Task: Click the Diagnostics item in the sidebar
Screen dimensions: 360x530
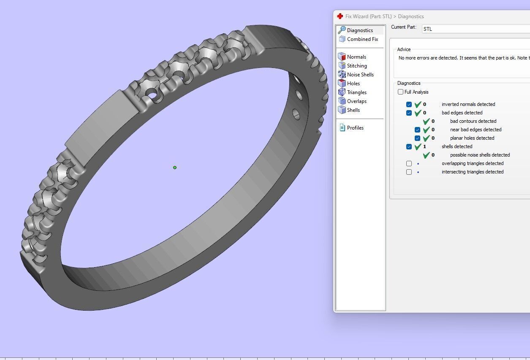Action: pos(359,30)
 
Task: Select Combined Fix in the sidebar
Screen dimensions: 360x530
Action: pos(362,39)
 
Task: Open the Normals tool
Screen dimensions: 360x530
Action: pos(356,57)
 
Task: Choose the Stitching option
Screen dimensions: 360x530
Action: pos(356,66)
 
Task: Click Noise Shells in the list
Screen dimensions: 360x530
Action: pos(360,75)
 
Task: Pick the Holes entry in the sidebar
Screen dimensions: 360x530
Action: pos(353,84)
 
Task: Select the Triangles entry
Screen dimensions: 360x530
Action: pos(356,92)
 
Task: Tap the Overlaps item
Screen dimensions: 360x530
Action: pos(356,101)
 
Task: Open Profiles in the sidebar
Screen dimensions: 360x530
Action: pos(355,128)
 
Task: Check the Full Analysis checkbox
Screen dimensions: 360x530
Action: pos(400,92)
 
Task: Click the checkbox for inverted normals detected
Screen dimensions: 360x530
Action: pos(409,104)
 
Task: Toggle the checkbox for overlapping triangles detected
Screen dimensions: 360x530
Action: pos(409,163)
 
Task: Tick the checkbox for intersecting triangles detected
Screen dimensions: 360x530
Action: pos(409,172)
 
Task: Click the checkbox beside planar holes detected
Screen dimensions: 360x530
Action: pos(417,138)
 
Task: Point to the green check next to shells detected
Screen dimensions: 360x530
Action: pos(418,146)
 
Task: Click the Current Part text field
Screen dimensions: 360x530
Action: pos(473,29)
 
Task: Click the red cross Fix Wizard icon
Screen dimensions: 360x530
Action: pos(340,16)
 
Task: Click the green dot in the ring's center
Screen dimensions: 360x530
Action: pos(175,168)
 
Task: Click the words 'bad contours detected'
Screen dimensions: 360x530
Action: pos(473,121)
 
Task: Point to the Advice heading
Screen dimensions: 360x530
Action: pos(404,49)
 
